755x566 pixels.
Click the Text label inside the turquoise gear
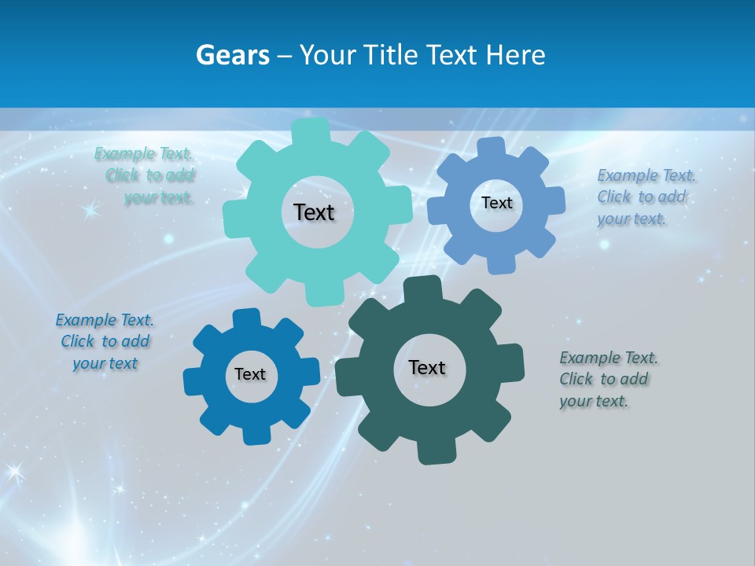point(314,212)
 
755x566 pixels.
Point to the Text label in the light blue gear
point(496,203)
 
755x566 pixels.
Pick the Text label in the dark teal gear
point(426,367)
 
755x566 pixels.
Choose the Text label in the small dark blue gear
point(250,374)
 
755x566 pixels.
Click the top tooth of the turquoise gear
point(313,131)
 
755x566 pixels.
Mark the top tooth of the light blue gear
point(492,147)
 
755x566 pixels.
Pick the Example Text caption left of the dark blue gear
point(105,342)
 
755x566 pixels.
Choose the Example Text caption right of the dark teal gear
point(607,379)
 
